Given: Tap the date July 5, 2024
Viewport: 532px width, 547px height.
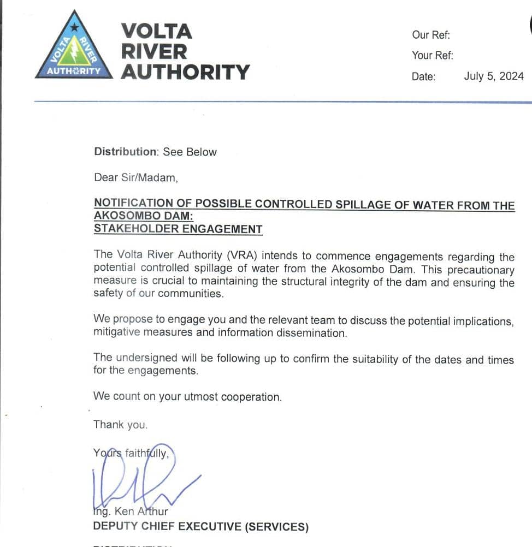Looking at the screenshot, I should click(x=494, y=76).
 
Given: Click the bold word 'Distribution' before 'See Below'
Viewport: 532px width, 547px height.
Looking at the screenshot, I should click(x=126, y=152).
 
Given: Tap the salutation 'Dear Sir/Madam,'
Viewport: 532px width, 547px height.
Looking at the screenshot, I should click(x=136, y=177).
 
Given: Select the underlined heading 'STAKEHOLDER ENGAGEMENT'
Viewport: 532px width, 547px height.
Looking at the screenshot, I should click(x=178, y=229).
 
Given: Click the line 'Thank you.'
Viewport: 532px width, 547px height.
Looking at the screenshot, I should click(x=120, y=425).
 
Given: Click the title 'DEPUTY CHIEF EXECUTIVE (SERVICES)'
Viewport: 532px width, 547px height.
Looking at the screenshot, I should click(x=200, y=527).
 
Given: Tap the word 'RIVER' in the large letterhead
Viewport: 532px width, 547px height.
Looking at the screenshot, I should click(x=153, y=52).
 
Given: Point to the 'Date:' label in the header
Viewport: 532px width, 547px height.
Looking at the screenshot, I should click(x=424, y=77).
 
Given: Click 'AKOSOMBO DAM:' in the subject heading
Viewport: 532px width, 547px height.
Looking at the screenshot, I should click(x=143, y=216).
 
